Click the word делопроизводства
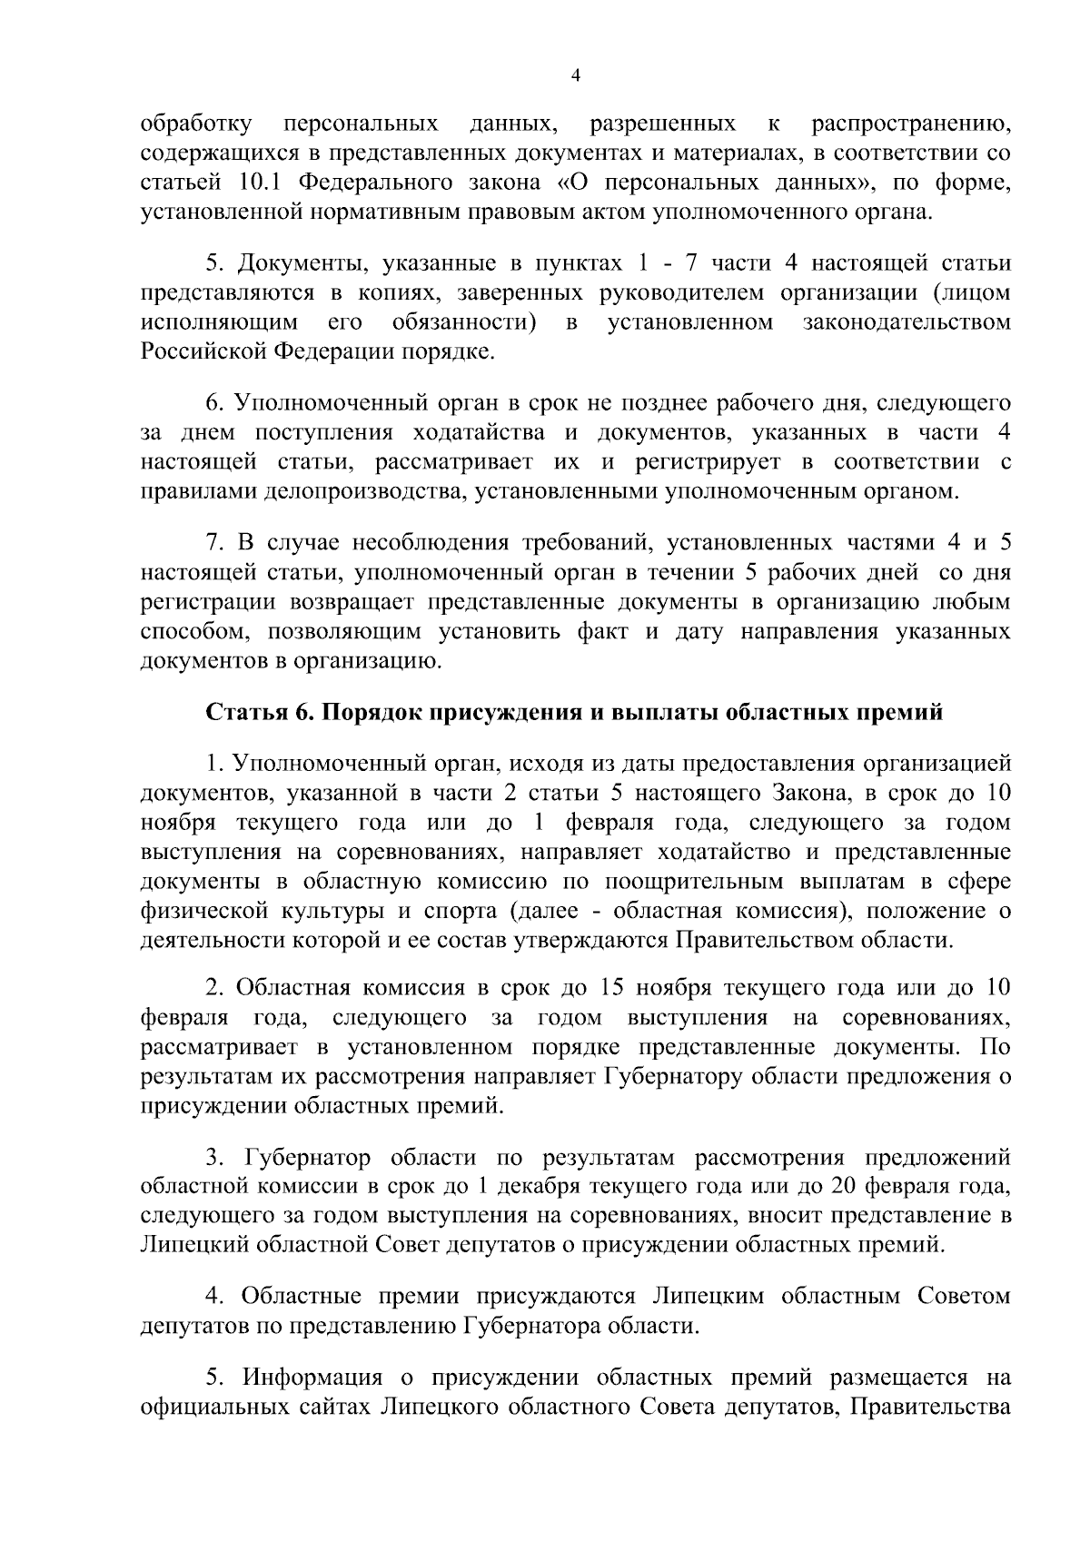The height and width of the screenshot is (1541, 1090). click(x=372, y=493)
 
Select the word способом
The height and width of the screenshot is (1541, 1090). click(x=187, y=632)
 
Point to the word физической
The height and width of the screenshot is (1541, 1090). click(x=200, y=911)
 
